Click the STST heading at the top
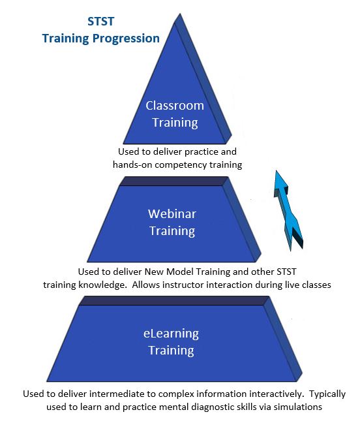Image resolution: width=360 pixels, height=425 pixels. pos(100,22)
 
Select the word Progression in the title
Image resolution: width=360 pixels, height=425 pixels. pos(126,39)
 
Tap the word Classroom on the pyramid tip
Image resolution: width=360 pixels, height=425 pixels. pos(175,106)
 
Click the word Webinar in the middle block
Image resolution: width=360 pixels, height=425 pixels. pos(172,214)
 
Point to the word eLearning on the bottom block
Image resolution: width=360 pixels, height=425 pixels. pos(171,334)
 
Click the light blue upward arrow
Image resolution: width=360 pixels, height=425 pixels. pos(288,210)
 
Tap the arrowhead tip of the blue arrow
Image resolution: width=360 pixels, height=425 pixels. pos(276,171)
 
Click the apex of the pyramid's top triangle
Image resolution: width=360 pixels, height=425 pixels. pos(180,14)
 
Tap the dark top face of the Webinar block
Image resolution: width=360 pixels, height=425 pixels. pos(173,181)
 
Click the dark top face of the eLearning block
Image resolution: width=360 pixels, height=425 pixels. pos(174,301)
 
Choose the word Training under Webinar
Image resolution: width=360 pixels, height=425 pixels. pos(172,231)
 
